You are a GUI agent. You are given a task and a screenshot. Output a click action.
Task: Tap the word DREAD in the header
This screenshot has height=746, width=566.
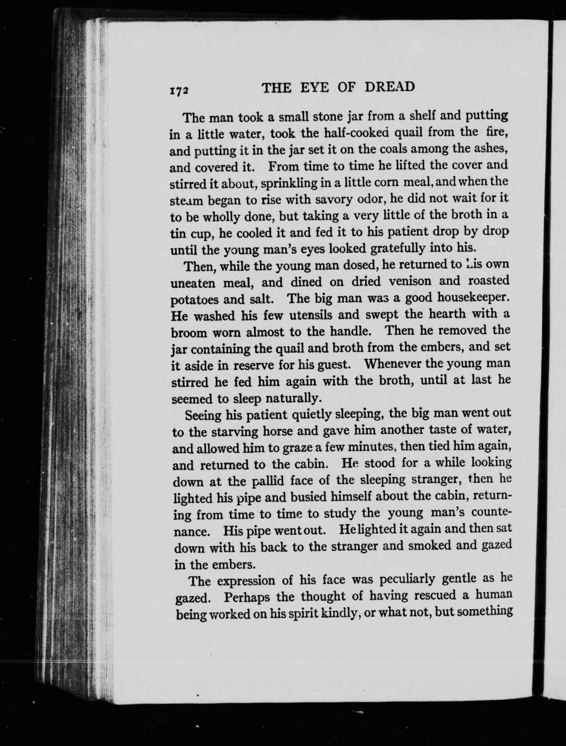click(389, 87)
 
